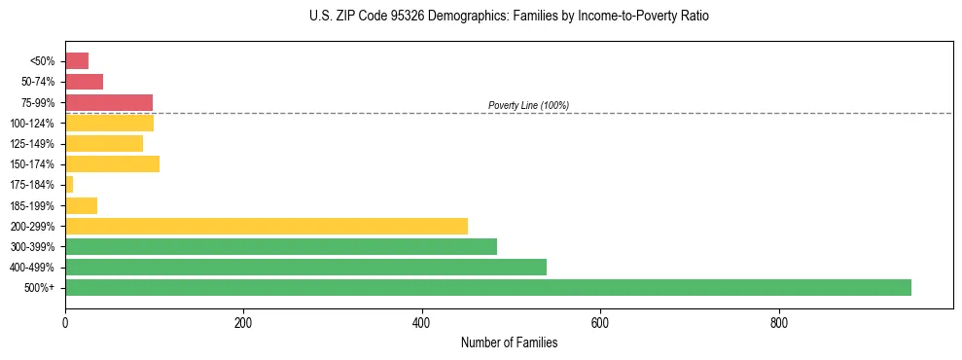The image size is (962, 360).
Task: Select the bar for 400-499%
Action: tap(305, 267)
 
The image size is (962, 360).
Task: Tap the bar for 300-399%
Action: tap(281, 246)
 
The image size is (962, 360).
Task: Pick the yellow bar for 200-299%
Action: tap(267, 226)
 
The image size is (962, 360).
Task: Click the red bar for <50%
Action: tap(77, 61)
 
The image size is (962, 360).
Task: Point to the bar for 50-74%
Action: tap(84, 82)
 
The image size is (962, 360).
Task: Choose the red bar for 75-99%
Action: tap(109, 102)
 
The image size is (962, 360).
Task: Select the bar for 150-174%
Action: tap(112, 163)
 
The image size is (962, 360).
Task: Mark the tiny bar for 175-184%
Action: tap(69, 184)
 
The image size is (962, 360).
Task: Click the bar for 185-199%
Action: tap(81, 205)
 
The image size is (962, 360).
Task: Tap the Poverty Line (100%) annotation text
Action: tap(528, 105)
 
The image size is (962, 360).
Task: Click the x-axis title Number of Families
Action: tap(509, 342)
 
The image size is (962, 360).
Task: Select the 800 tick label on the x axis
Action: tap(778, 322)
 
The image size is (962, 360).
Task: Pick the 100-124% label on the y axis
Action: tap(33, 124)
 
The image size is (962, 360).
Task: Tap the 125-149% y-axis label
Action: tap(33, 144)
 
